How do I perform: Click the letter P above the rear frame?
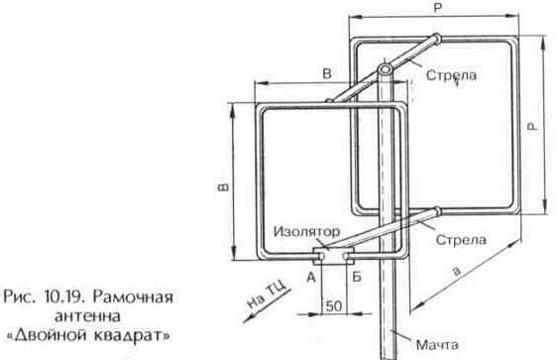[x=437, y=9]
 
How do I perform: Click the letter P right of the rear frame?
[x=533, y=126]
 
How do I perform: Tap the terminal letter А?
[x=312, y=279]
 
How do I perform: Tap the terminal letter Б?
[x=354, y=279]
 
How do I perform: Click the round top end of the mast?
[x=385, y=70]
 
